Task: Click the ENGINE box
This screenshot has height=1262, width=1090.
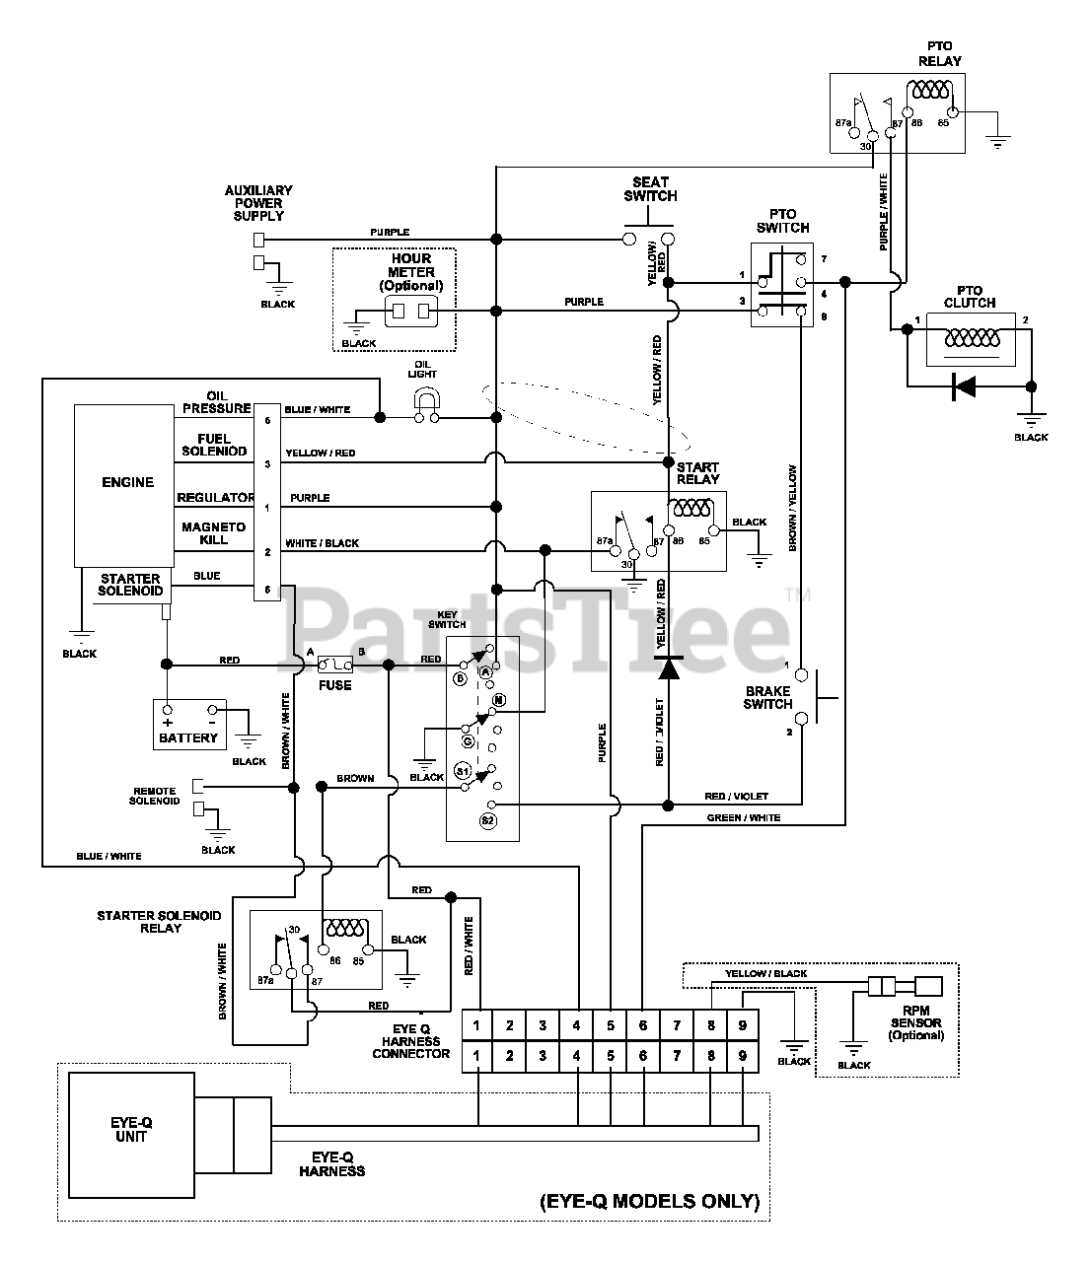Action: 127,483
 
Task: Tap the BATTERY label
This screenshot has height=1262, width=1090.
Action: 188,737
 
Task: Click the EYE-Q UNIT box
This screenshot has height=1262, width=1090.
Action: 130,1130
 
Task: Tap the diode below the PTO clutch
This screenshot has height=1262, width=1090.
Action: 963,386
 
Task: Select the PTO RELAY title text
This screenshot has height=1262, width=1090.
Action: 940,53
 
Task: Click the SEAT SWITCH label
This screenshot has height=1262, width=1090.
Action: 650,188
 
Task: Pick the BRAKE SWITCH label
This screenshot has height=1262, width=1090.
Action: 768,697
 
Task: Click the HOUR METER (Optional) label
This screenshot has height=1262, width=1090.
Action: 411,272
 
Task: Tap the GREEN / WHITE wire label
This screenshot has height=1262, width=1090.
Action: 744,817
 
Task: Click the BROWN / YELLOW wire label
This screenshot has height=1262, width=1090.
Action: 793,508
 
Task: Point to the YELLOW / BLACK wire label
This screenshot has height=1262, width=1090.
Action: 765,973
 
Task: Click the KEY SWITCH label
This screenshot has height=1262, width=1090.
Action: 447,618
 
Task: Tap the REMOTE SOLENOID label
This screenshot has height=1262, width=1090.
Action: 155,796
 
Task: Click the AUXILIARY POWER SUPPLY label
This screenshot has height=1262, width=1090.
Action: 258,203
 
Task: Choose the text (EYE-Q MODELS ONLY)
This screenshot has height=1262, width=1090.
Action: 650,1201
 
